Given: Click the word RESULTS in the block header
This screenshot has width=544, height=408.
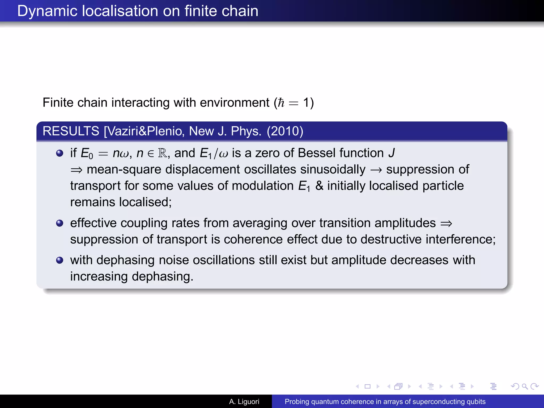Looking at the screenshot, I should pos(71,131).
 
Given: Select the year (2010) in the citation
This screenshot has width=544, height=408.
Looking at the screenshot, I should pos(285,131).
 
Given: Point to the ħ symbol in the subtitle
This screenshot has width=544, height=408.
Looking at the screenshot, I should pos(281,103).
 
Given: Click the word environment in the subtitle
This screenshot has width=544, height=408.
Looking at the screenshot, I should pos(235,103).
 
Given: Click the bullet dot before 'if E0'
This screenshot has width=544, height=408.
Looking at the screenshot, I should pos(60,153).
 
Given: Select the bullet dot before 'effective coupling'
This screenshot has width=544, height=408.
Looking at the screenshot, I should pos(60,223).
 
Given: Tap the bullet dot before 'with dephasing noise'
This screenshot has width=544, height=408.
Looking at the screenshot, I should pos(60,260).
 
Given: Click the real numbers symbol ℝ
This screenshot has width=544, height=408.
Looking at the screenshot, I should pos(162,153).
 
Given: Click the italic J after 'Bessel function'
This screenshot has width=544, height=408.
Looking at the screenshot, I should pos(392,153).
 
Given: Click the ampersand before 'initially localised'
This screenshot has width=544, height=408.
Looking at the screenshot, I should pos(319,186).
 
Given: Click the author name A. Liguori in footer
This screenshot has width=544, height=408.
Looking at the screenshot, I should pos(244,402).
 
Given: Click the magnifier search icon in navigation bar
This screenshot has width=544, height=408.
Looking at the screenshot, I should pos(525,386).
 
